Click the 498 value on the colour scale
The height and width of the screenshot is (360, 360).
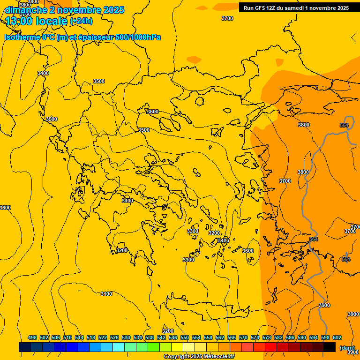(x=32, y=337)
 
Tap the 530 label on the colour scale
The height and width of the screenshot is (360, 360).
(x=126, y=337)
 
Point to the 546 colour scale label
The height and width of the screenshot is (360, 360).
(x=173, y=337)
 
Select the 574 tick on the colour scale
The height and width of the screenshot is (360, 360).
(x=255, y=337)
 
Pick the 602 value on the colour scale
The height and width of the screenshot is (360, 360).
(x=337, y=337)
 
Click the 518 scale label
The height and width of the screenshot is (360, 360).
(x=91, y=337)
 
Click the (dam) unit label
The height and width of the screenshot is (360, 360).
(x=347, y=348)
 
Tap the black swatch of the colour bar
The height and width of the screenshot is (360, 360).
(x=330, y=347)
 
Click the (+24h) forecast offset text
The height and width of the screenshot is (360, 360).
(x=81, y=21)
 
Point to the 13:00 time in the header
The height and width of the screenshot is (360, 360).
(x=18, y=21)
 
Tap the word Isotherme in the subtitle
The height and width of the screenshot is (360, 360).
(x=22, y=37)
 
